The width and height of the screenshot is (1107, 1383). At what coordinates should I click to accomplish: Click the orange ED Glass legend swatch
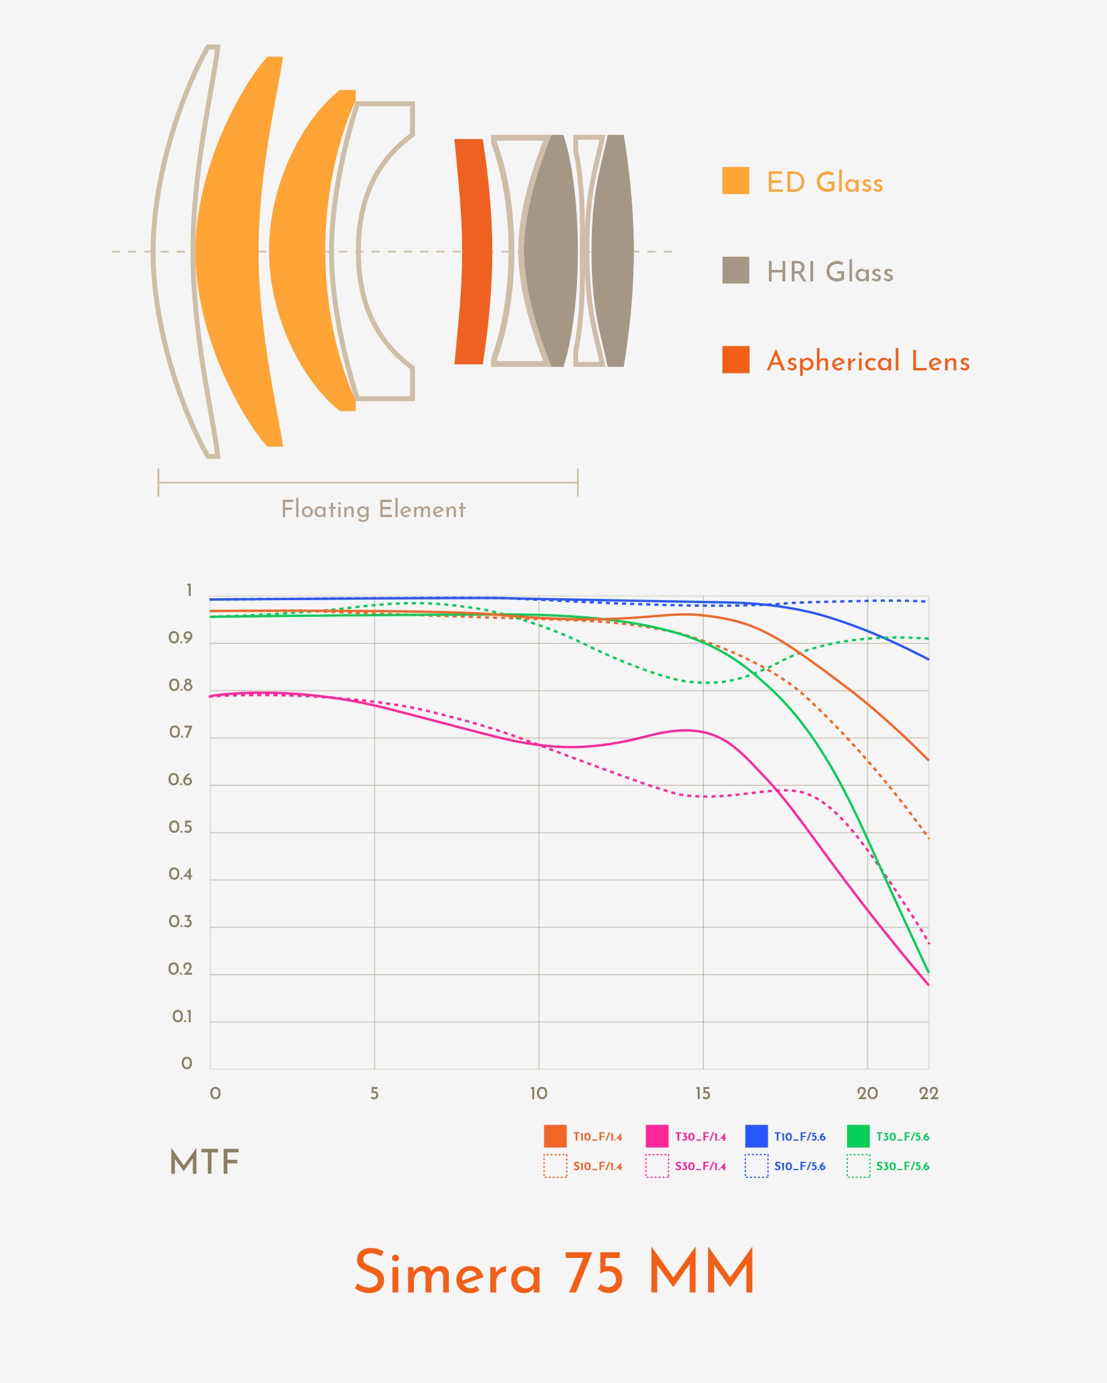coord(735,180)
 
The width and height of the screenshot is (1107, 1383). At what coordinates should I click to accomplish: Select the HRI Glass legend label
coord(830,272)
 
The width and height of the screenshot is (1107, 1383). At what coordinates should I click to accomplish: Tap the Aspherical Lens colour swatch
coord(735,359)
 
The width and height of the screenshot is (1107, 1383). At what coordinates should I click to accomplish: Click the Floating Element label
coord(373,509)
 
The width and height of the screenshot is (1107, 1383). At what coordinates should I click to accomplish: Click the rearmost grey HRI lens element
coord(612,251)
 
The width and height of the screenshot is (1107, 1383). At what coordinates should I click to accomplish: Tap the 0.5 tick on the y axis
coord(180,827)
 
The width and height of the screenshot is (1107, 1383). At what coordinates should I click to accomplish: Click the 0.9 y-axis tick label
coord(180,638)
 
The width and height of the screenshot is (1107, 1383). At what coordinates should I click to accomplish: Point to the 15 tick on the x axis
coord(703,1094)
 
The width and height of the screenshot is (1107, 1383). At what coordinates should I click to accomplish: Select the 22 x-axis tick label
coord(928,1094)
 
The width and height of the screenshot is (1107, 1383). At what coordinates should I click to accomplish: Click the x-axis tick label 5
coord(374,1094)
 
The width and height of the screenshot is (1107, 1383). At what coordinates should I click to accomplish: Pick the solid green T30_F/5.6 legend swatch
coord(858,1136)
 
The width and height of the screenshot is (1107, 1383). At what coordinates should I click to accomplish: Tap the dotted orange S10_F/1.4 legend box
coord(555,1166)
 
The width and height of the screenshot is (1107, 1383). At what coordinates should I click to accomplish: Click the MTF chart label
coord(204,1162)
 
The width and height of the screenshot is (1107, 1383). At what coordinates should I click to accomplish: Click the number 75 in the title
coord(594,1273)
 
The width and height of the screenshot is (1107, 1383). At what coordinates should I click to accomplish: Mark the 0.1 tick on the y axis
coord(182,1017)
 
